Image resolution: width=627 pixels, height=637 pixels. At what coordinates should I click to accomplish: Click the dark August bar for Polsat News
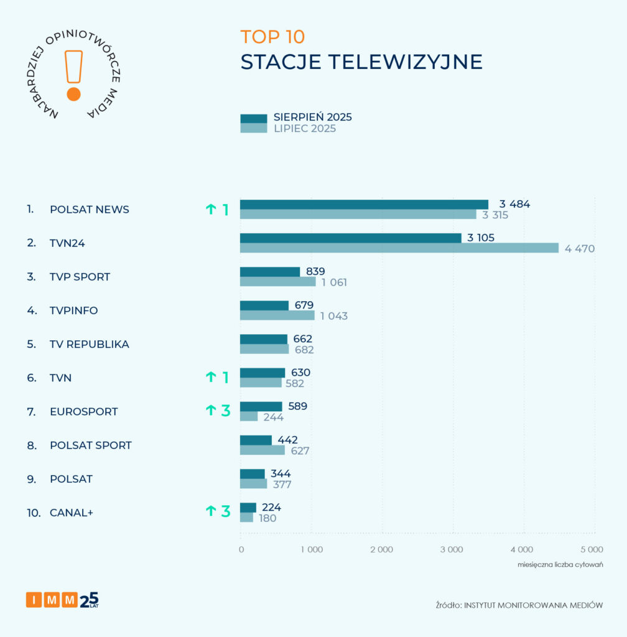point(364,204)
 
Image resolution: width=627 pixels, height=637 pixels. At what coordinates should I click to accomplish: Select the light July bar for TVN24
point(399,248)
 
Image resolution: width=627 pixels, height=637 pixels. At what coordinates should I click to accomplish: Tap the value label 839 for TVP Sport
point(315,271)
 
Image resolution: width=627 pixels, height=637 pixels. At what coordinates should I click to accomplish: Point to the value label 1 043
point(334,316)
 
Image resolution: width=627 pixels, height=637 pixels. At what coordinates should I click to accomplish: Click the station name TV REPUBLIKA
point(90,344)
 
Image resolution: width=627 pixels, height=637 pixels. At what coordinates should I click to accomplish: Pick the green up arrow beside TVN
point(210,377)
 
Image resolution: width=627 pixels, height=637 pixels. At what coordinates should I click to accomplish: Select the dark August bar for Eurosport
point(261,406)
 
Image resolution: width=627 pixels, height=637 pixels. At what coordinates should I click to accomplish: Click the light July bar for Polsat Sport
point(262,450)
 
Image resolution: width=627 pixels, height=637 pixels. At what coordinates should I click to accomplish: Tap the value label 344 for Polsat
point(281,474)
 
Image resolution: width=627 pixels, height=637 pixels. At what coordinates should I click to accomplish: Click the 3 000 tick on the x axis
point(452,549)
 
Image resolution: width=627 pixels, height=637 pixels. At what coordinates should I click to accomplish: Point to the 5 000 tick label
point(592,549)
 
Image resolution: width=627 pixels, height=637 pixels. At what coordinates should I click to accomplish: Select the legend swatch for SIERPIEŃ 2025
point(253,118)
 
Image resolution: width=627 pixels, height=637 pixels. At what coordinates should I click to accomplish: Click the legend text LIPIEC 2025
point(305,129)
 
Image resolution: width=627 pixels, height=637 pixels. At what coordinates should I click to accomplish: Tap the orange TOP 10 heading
point(272,37)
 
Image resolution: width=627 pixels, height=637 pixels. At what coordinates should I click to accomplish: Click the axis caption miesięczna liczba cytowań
point(560,565)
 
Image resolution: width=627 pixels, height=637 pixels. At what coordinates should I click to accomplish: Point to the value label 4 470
point(580,249)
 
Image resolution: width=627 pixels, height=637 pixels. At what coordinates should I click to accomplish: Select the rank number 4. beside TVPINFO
point(30,310)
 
